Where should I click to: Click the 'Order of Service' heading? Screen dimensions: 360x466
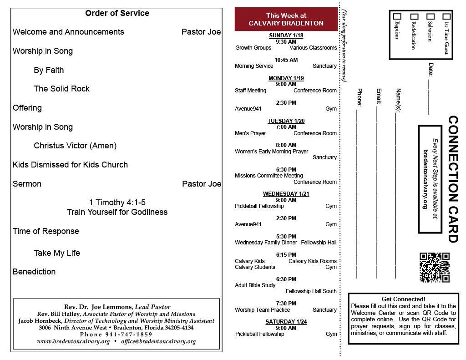[x=117, y=13]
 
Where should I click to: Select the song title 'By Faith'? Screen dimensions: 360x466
[x=49, y=70]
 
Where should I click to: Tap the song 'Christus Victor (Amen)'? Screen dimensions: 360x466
[x=75, y=146]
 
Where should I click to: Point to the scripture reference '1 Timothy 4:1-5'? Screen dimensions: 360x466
[x=117, y=203]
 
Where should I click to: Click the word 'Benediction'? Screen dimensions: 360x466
[x=34, y=272]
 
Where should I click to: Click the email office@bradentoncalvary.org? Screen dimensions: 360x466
[x=158, y=341]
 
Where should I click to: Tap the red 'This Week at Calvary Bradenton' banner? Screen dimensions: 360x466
[x=286, y=20]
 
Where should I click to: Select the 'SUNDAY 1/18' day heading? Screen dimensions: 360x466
[x=286, y=35]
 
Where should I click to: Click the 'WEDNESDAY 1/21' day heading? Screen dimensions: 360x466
[x=286, y=194]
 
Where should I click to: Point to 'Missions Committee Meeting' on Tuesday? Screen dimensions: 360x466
[x=269, y=176]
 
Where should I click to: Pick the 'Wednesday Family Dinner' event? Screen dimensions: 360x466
[x=265, y=243]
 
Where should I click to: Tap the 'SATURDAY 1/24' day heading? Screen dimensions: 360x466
[x=286, y=322]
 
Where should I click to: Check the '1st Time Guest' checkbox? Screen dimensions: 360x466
[x=446, y=16]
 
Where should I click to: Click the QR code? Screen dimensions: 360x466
[x=434, y=268]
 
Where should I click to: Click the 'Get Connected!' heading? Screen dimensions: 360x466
[x=403, y=299]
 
